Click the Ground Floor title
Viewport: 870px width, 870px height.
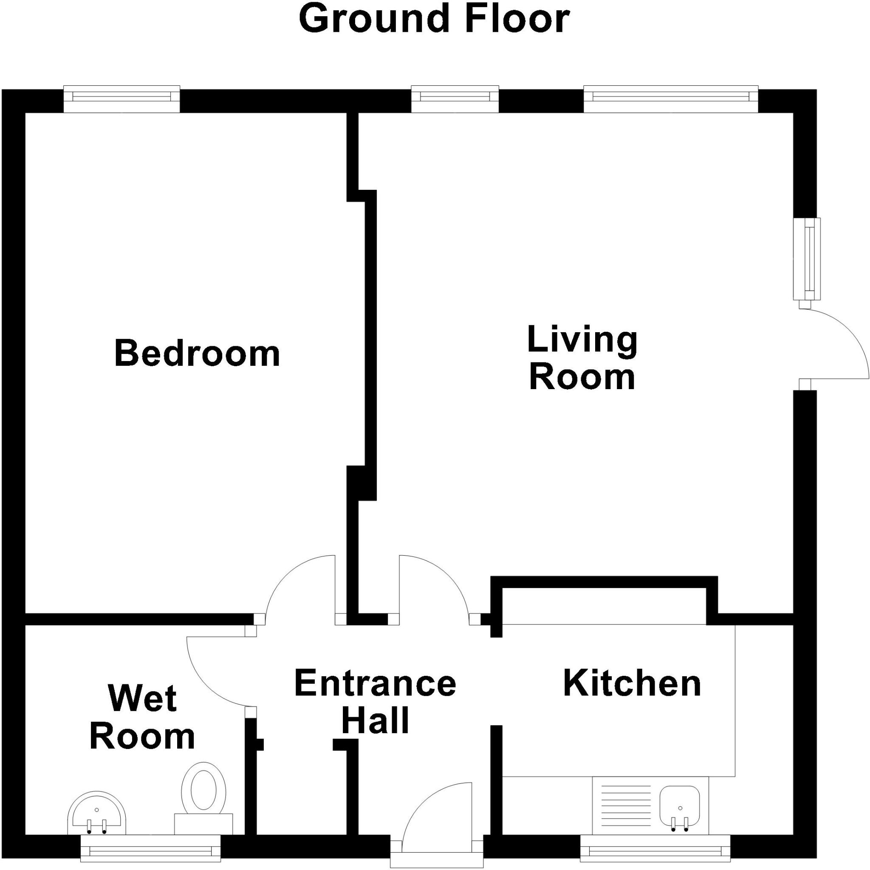434,19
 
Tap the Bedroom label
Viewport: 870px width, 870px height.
197,354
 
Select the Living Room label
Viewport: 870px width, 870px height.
582,358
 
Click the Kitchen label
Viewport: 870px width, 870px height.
632,684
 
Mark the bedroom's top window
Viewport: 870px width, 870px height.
121,99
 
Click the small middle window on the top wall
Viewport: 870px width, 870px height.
455,99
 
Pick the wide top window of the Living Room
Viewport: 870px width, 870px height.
671,99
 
